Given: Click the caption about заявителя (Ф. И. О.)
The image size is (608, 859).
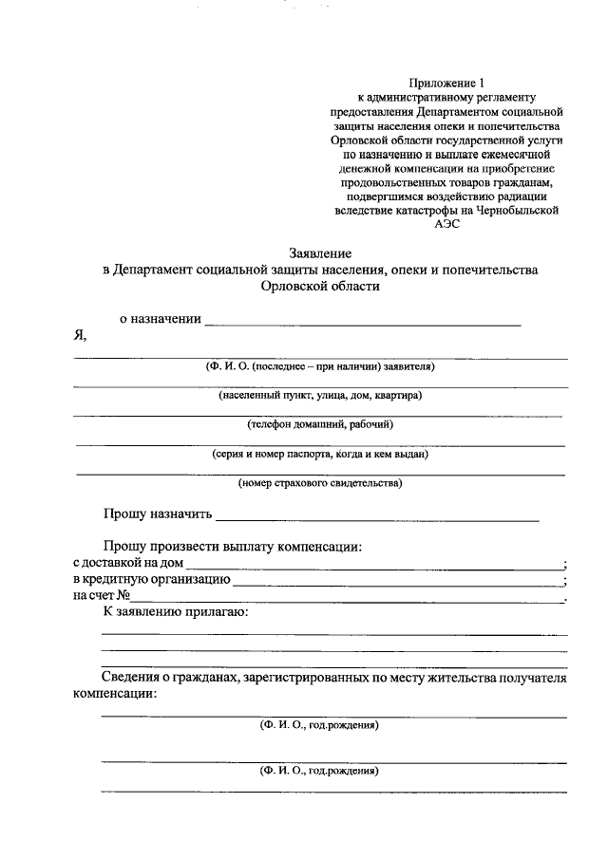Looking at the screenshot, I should (x=320, y=365).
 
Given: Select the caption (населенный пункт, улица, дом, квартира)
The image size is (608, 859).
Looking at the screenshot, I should (x=320, y=395).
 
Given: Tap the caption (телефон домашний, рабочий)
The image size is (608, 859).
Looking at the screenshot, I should (x=320, y=424).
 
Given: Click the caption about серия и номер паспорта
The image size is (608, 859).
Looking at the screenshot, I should (x=320, y=454).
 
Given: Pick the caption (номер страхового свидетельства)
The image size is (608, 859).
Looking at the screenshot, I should (x=320, y=483).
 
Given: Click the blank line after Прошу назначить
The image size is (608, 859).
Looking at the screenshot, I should (x=377, y=519).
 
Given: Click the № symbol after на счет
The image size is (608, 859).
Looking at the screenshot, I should (x=123, y=596).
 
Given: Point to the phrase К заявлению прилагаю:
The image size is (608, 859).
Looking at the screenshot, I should (x=176, y=612).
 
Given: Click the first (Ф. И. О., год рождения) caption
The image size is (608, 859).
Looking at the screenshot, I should (x=320, y=726).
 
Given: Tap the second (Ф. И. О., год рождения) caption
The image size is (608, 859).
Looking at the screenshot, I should (x=320, y=771).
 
